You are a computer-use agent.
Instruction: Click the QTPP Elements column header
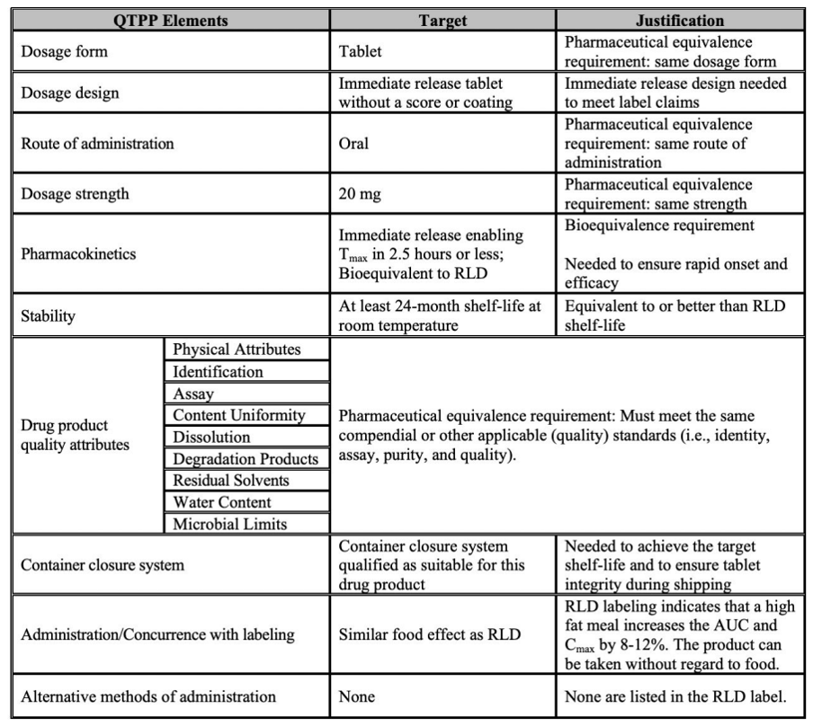[170, 20]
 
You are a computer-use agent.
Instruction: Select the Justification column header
[679, 20]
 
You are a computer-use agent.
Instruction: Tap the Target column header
[442, 20]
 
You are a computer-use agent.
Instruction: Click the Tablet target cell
[360, 52]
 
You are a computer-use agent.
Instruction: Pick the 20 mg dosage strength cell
[359, 194]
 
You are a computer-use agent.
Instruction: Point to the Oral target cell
[353, 144]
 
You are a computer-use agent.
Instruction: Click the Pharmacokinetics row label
[78, 254]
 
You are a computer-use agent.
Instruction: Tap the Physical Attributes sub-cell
[236, 350]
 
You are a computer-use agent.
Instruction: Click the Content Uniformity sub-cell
[238, 415]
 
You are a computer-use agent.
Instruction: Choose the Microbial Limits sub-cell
[229, 524]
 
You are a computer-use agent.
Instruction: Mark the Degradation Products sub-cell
[245, 459]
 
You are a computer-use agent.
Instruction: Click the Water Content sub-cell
[221, 502]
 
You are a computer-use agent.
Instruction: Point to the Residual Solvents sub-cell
[230, 481]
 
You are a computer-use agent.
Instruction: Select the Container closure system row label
[102, 565]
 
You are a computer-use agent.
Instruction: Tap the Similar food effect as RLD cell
[429, 634]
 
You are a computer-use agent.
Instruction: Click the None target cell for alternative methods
[356, 696]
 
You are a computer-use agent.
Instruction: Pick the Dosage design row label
[69, 93]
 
